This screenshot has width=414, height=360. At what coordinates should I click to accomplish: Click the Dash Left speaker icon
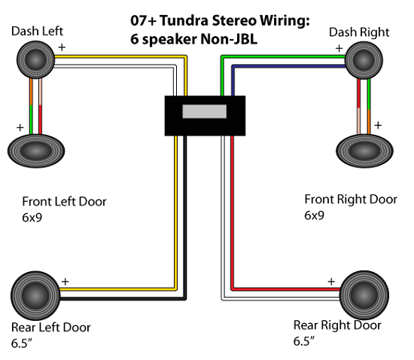tap(36, 59)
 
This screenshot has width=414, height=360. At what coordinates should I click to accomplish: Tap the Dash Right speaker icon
tap(366, 59)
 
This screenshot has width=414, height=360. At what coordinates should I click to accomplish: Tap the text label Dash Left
tap(37, 32)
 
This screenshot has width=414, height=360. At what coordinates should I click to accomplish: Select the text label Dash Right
tap(359, 32)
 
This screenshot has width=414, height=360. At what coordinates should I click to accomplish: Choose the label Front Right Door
tap(350, 200)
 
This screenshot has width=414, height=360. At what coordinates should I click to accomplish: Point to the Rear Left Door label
tap(50, 328)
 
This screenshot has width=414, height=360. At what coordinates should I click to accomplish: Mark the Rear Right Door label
tap(337, 325)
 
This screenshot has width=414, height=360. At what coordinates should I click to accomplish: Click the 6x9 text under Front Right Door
tap(314, 215)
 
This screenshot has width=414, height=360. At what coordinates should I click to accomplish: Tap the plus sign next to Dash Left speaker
tap(62, 46)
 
